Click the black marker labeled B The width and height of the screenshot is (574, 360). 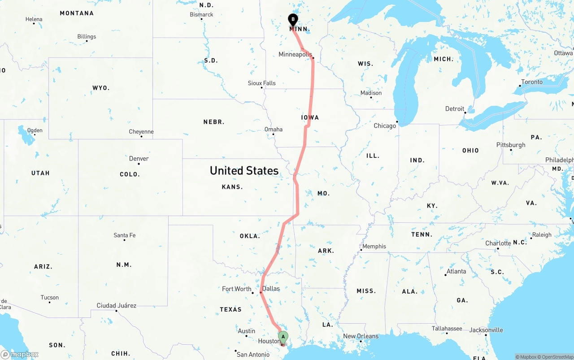293,20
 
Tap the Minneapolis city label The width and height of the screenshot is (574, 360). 295,54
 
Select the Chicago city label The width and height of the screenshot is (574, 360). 385,126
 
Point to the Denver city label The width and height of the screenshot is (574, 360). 139,158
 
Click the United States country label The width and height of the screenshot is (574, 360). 244,170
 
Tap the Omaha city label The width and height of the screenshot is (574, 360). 274,129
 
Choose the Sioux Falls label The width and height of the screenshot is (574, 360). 262,83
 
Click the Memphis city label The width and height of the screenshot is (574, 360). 374,246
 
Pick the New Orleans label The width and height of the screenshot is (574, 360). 361,336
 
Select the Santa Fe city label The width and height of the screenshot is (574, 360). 124,235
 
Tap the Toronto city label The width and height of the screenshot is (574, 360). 532,82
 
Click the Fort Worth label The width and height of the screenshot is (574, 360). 237,289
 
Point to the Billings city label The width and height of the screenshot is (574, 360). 87,36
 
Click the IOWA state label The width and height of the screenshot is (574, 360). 310,117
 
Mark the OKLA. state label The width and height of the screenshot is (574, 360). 250,236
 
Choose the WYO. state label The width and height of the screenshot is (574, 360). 101,88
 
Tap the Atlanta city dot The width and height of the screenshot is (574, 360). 446,275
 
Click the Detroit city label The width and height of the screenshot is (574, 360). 455,108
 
